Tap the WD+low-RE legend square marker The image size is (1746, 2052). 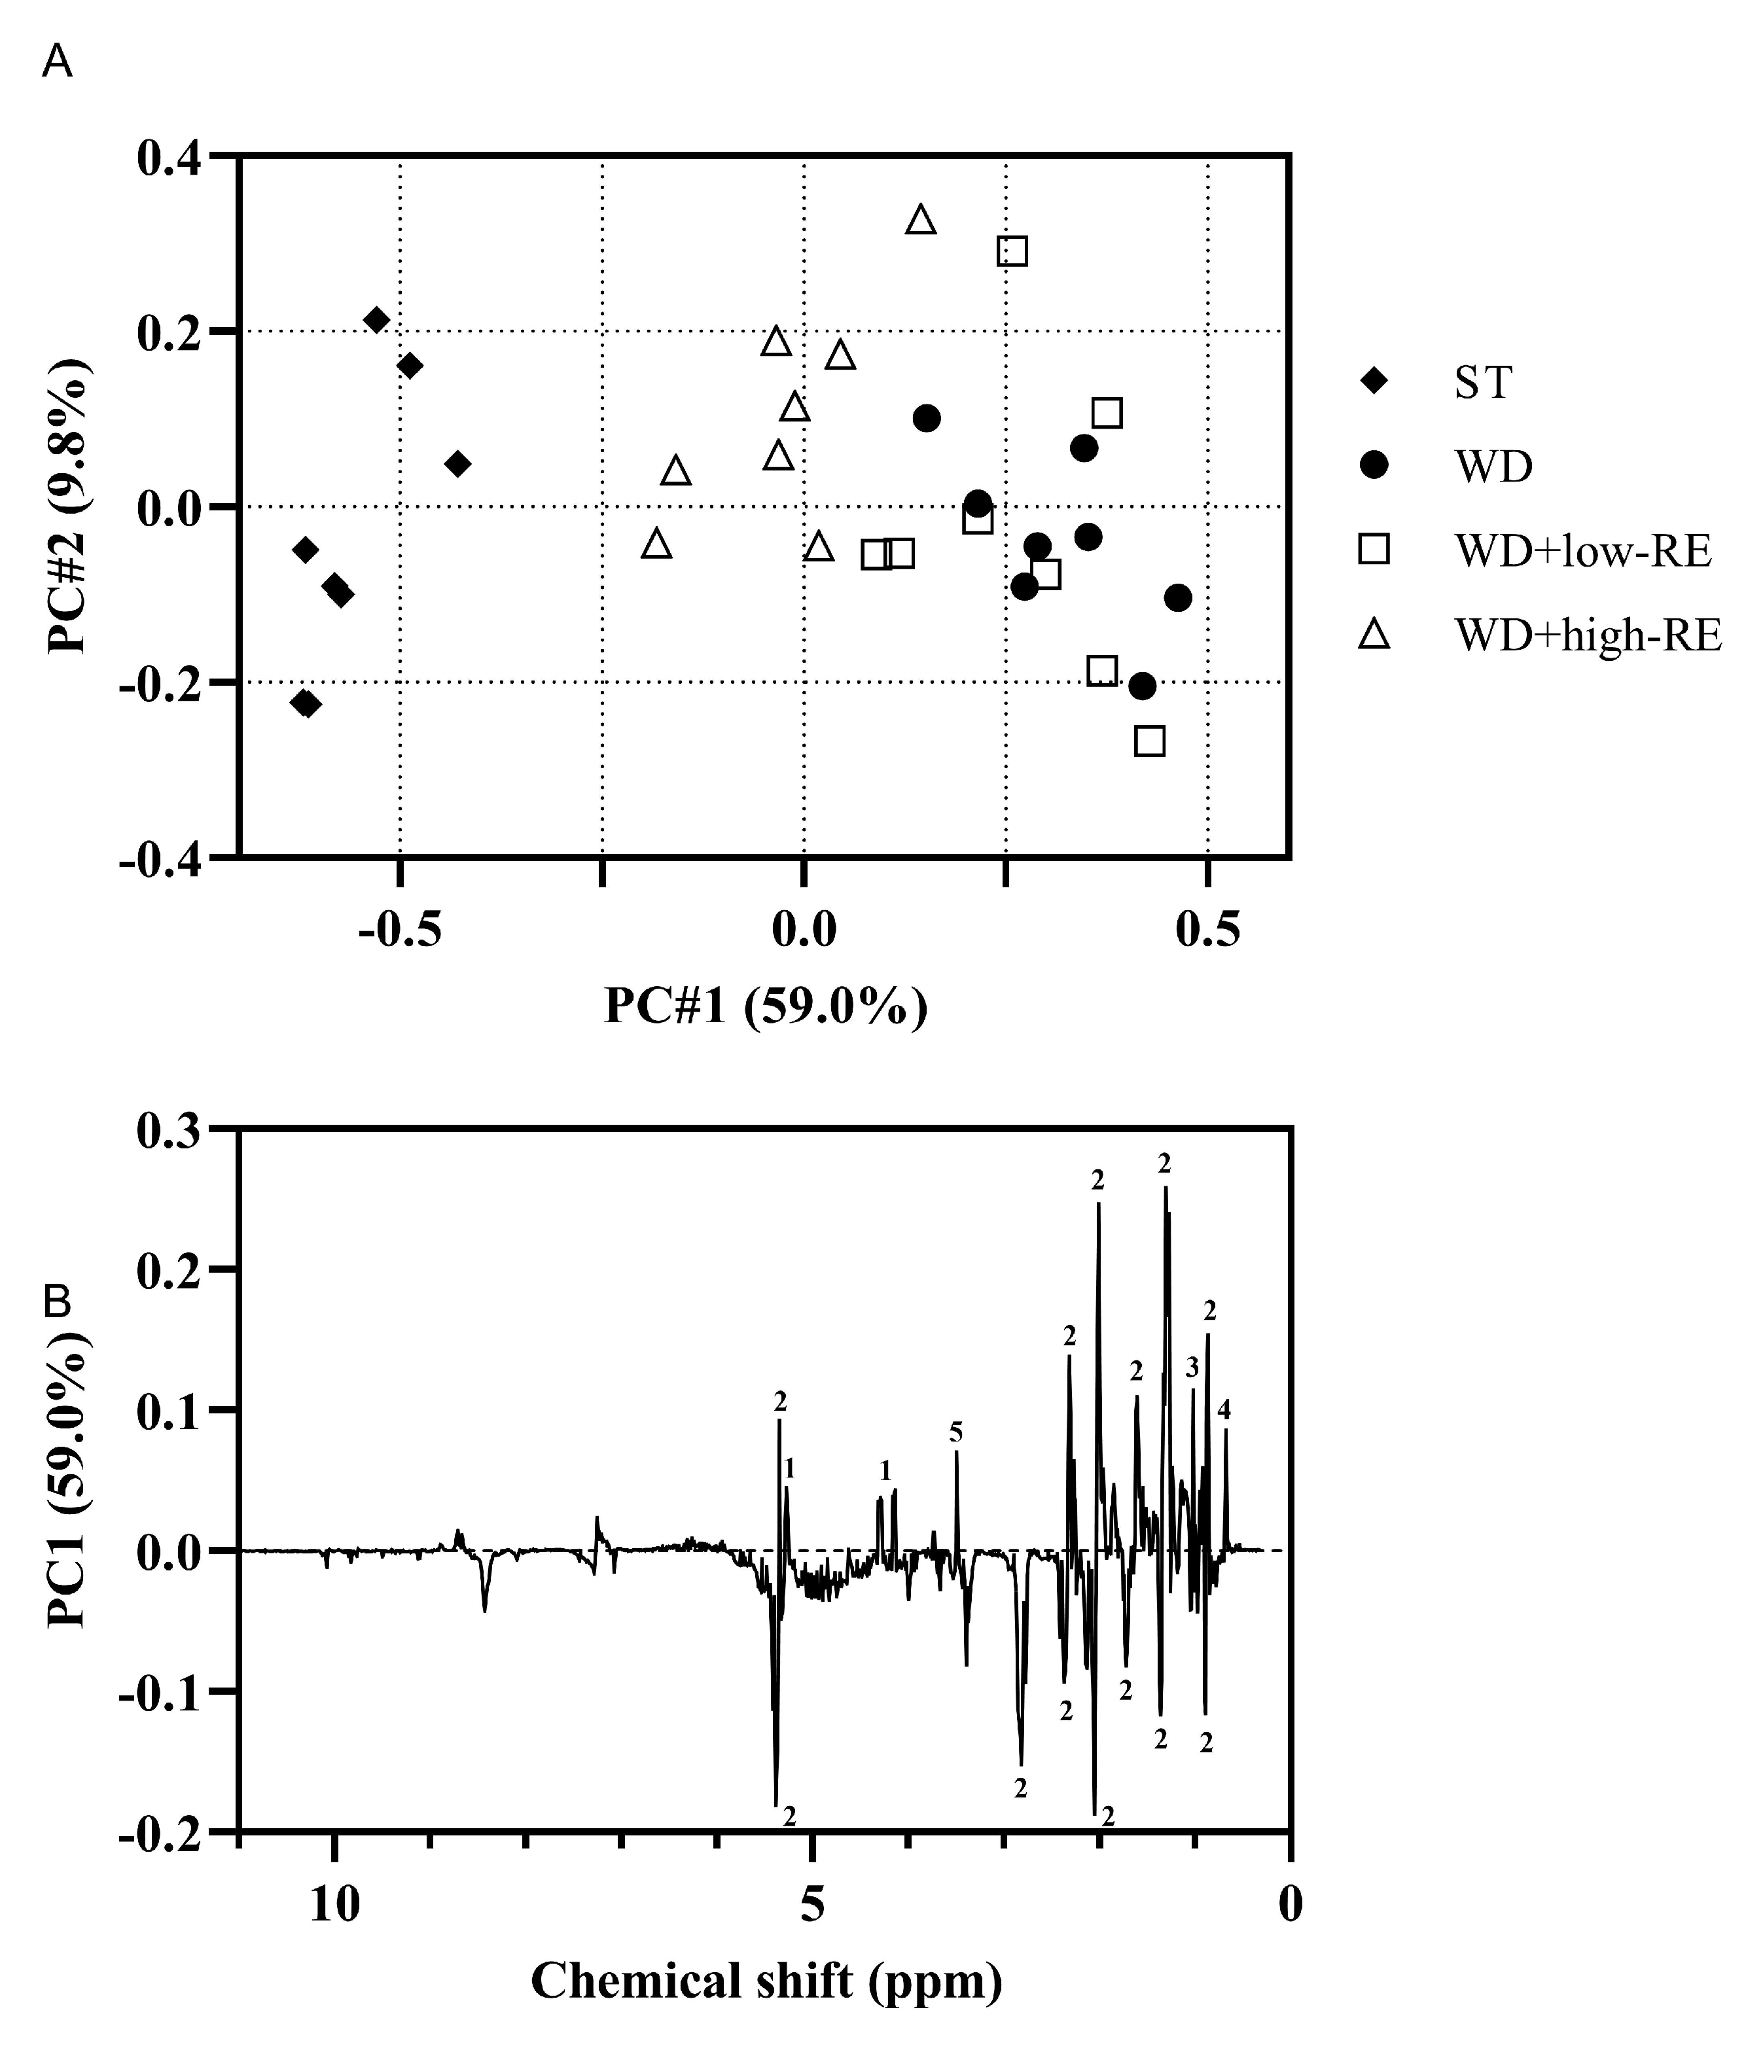pyautogui.click(x=1374, y=549)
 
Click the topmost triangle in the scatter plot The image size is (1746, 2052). pyautogui.click(x=921, y=220)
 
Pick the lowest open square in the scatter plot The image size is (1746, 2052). pyautogui.click(x=1149, y=741)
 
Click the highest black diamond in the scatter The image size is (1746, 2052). pyautogui.click(x=376, y=319)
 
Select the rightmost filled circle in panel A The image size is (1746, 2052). pyautogui.click(x=1178, y=597)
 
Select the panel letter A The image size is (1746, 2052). pyautogui.click(x=58, y=63)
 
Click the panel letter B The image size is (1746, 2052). pyautogui.click(x=58, y=1302)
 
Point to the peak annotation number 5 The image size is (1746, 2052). pyautogui.click(x=955, y=1432)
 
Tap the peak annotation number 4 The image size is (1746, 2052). pyautogui.click(x=1224, y=1410)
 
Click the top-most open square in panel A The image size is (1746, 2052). pyautogui.click(x=1012, y=251)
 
